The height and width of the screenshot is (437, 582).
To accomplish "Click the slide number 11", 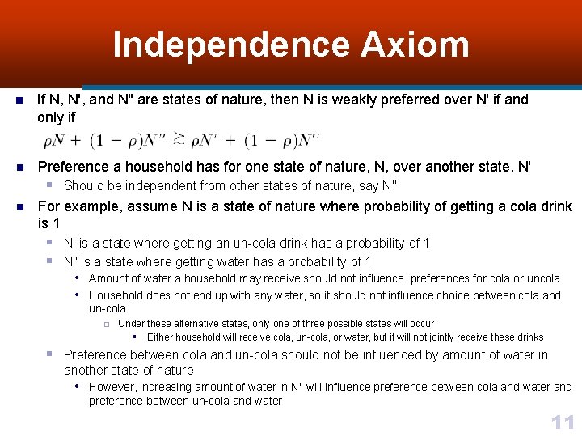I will coord(562,422).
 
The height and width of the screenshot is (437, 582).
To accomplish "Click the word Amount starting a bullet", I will coord(108,278).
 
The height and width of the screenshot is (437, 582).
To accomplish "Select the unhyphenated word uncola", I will coord(542,278).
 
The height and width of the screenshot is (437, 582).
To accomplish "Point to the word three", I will coord(323,323).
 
